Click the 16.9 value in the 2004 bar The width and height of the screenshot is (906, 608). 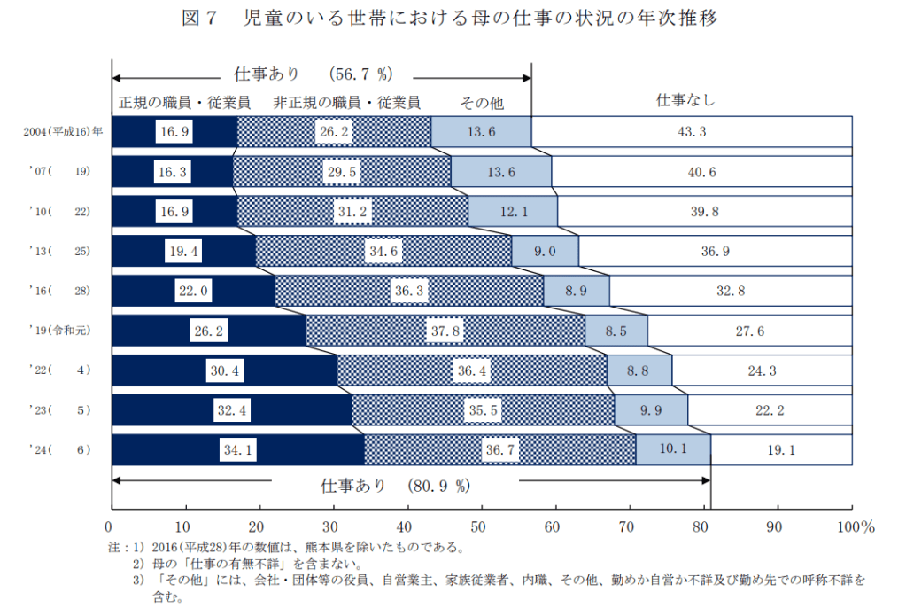(x=174, y=132)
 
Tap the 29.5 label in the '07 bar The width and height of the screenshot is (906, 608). (x=342, y=172)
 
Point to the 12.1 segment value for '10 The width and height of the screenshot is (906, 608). (x=512, y=212)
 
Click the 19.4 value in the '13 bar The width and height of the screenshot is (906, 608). (x=184, y=252)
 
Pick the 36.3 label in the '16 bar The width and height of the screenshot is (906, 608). (x=409, y=291)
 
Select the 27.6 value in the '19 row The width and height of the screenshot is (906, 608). (x=749, y=331)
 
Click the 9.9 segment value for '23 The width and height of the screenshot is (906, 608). (x=651, y=410)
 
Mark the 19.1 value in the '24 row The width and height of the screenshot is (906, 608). (x=781, y=450)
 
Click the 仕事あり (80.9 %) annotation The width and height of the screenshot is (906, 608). (x=394, y=486)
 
